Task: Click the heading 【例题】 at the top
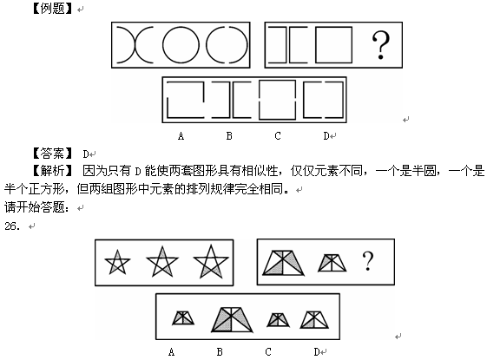click(x=52, y=9)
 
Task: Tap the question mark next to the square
click(x=381, y=45)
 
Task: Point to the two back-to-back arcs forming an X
click(x=135, y=45)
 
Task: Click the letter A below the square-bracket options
click(x=181, y=136)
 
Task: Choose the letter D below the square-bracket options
click(x=326, y=136)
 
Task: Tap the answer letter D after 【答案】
click(x=86, y=154)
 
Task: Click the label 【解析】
click(x=52, y=171)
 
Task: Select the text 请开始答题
click(x=36, y=207)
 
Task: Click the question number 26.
click(x=12, y=226)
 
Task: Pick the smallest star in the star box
click(x=117, y=263)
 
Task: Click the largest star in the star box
click(x=211, y=262)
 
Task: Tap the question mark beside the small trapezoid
click(x=368, y=261)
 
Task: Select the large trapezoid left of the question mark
click(x=283, y=263)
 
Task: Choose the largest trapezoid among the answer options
click(x=232, y=320)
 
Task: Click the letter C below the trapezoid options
click(x=268, y=352)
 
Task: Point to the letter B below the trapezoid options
click(x=220, y=352)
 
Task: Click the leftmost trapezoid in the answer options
click(x=183, y=318)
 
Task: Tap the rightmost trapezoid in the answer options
click(x=314, y=319)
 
